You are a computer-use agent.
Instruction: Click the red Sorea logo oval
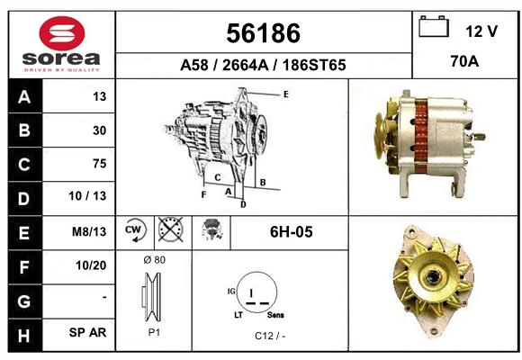[62, 33]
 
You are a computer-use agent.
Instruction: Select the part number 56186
[264, 33]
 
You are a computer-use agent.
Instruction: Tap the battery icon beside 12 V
[434, 26]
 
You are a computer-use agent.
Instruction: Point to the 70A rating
[464, 61]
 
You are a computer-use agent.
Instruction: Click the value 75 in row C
[100, 164]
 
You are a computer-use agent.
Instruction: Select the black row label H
[24, 336]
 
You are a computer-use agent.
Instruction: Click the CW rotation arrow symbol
[135, 229]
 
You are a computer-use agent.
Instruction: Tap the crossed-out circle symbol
[171, 229]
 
